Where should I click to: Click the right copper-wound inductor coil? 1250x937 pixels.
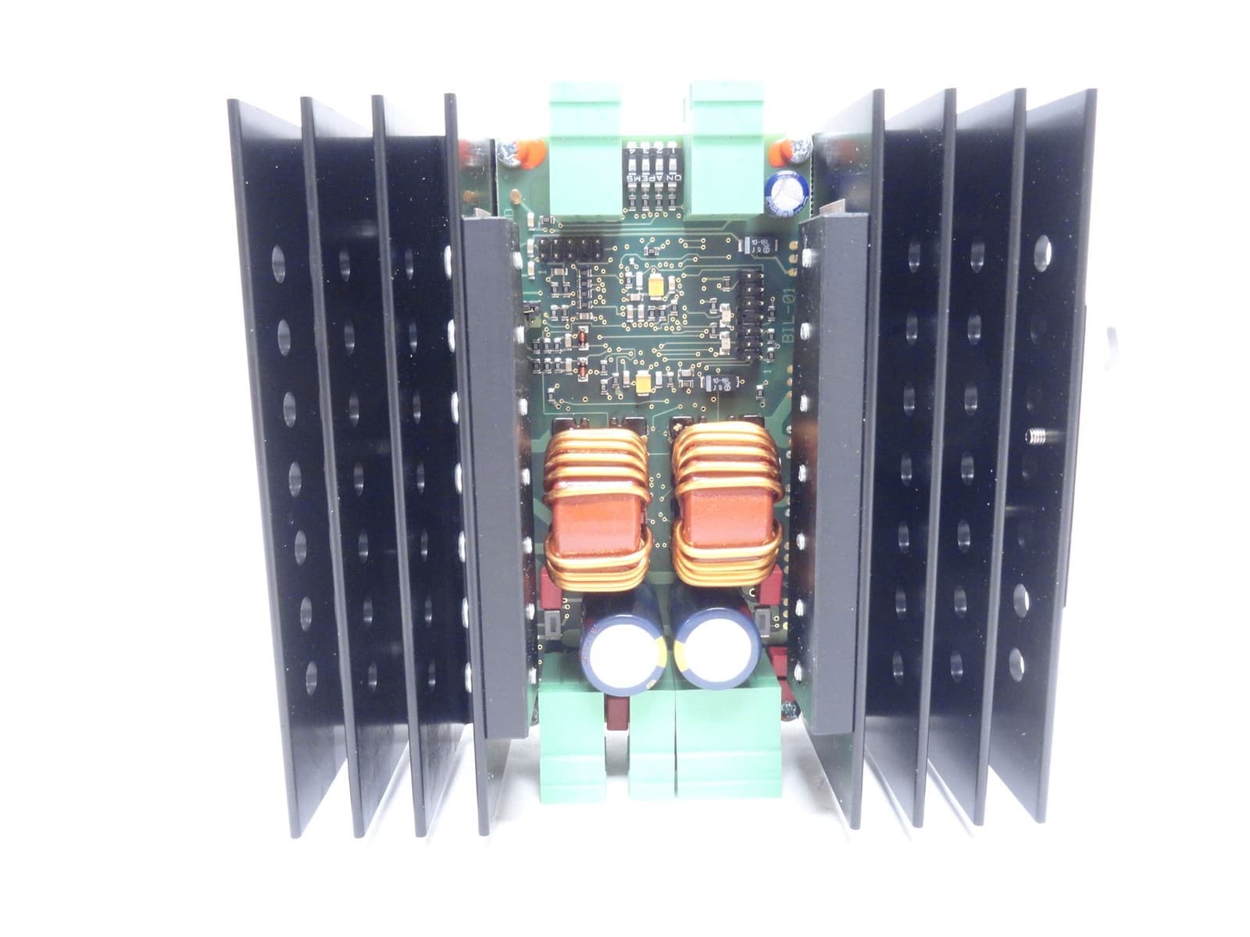point(727,500)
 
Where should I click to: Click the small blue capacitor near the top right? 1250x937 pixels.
point(781,194)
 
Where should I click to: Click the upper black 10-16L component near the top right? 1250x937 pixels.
point(757,243)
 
